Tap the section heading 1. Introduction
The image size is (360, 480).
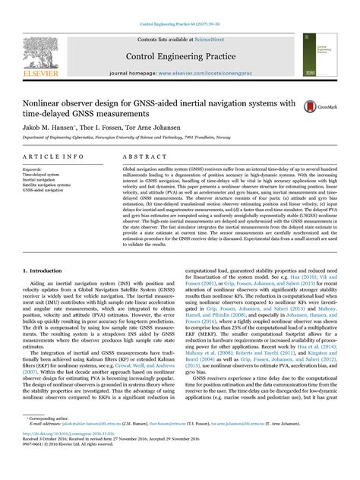[x=43, y=270]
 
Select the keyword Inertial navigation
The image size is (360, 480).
[x=39, y=179]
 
